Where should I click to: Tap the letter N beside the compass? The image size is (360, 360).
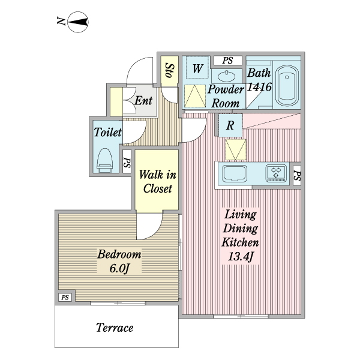point(61,23)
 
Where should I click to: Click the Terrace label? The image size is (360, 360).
point(114,328)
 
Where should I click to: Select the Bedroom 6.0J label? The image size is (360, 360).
point(119,261)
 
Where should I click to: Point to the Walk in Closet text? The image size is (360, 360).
point(157,182)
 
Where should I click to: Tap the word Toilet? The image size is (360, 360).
point(108,132)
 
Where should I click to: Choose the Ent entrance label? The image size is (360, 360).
point(143,100)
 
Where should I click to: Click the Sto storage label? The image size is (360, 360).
point(169,71)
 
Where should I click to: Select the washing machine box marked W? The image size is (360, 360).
point(196,68)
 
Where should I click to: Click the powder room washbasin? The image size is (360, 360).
point(227,76)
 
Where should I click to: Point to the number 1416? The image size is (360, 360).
point(260,87)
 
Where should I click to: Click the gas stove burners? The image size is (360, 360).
point(277,173)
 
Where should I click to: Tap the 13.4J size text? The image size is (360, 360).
point(241,257)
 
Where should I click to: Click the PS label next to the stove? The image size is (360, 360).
point(297,175)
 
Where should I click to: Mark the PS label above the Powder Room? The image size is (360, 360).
point(227,60)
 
